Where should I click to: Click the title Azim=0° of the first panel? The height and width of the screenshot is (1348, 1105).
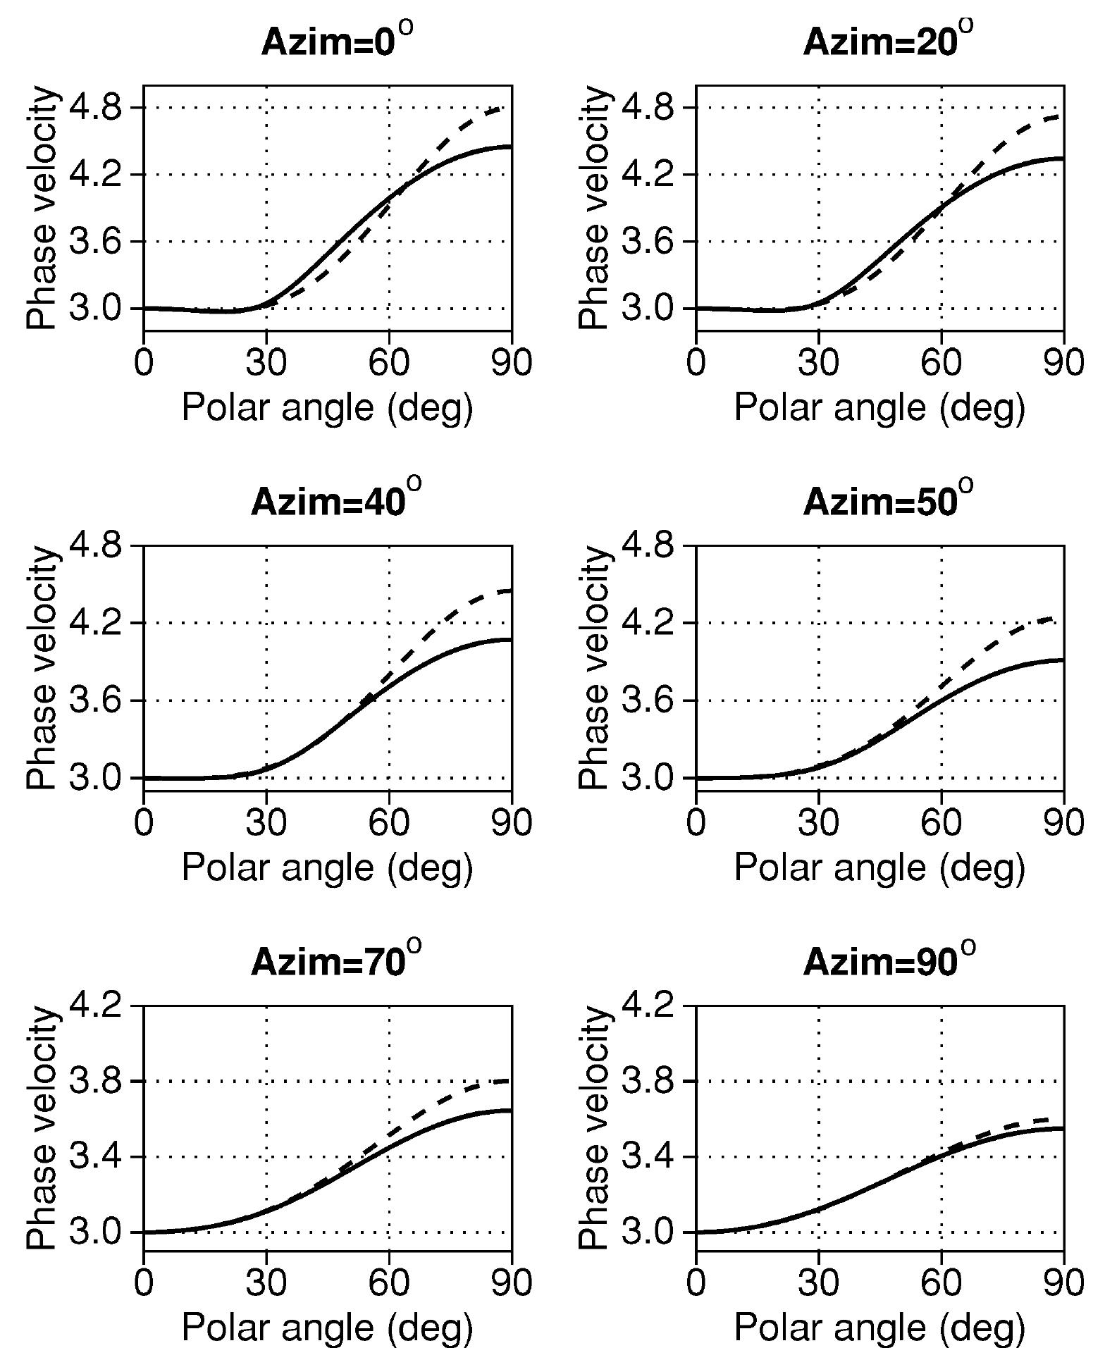pos(335,42)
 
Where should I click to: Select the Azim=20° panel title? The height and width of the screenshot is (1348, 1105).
pos(888,42)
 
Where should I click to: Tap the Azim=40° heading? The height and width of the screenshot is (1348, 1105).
pos(335,502)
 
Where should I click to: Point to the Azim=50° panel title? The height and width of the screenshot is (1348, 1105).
pos(888,502)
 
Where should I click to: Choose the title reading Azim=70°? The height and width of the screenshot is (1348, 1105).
pos(335,961)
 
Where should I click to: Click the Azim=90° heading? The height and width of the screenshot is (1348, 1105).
pos(888,961)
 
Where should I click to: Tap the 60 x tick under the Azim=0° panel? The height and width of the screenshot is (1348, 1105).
pos(389,364)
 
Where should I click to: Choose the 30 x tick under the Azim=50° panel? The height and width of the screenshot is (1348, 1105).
pos(818,824)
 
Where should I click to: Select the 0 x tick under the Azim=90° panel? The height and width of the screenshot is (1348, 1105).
pos(696,1283)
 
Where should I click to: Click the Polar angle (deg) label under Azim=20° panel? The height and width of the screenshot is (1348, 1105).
pos(879,407)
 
